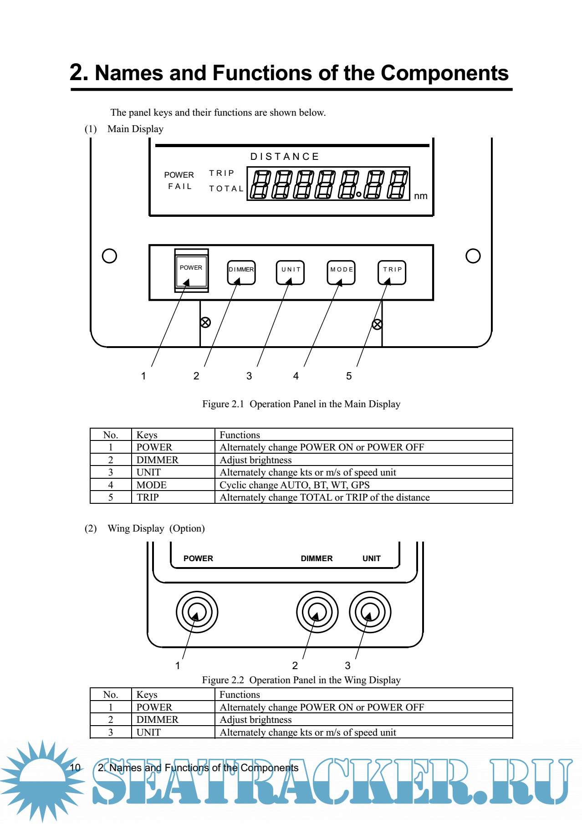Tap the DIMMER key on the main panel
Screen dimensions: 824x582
point(241,272)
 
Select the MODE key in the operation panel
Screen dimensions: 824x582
point(341,272)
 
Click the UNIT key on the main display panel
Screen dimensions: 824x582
point(290,272)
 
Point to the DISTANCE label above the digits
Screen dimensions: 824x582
point(285,157)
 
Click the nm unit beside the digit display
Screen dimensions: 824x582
point(420,196)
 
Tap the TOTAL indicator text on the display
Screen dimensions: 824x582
point(226,189)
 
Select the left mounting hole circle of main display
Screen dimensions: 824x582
point(109,256)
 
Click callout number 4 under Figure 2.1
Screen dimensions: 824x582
point(296,376)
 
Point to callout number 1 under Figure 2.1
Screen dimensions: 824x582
point(143,376)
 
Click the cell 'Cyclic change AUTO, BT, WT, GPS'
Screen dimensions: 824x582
point(295,485)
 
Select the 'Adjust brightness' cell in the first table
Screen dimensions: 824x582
point(255,460)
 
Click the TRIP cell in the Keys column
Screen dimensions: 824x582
point(148,497)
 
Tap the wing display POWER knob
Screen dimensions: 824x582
point(197,612)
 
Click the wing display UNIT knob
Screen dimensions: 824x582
point(370,612)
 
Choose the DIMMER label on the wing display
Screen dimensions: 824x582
point(317,558)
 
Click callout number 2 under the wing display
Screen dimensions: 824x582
point(295,665)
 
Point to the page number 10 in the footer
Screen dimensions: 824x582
point(75,768)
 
